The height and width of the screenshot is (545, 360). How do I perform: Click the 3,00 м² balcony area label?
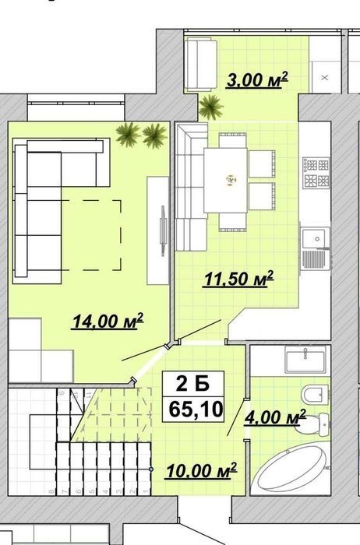[x=257, y=80]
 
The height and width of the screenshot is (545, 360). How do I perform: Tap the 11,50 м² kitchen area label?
[x=238, y=279]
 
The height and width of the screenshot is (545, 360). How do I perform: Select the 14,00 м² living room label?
[x=108, y=321]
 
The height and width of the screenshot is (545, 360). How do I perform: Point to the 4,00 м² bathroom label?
[x=275, y=417]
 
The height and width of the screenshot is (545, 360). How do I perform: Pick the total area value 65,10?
[x=196, y=409]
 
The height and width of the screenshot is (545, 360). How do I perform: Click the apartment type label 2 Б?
[x=193, y=384]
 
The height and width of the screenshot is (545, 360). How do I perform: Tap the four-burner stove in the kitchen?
[x=316, y=173]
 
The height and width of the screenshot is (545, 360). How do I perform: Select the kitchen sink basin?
[x=316, y=238]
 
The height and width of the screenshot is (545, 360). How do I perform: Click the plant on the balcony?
[x=211, y=107]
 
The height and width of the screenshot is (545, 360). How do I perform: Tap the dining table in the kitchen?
[x=225, y=180]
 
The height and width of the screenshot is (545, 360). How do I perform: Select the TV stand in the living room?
[x=158, y=230]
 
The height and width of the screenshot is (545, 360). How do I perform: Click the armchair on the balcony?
[x=201, y=65]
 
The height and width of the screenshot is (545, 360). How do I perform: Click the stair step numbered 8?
[x=51, y=491]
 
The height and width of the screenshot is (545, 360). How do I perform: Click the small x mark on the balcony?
[x=324, y=78]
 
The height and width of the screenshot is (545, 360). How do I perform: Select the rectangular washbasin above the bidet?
[x=305, y=358]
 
